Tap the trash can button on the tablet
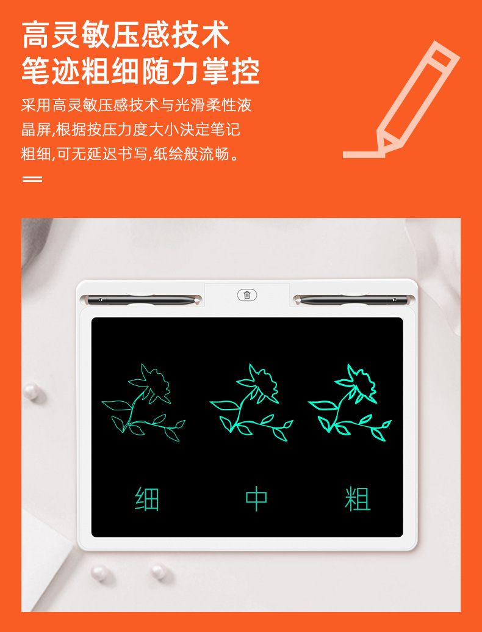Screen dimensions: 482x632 pyautogui.click(x=247, y=295)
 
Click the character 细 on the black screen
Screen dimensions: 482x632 pyautogui.click(x=147, y=499)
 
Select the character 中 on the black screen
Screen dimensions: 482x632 pyautogui.click(x=256, y=499)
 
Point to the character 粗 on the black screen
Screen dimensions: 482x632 pyautogui.click(x=358, y=499)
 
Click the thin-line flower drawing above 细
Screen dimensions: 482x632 pyautogui.click(x=143, y=402)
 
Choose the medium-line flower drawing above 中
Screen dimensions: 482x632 pyautogui.click(x=251, y=402)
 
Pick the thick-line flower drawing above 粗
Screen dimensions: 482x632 pyautogui.click(x=350, y=402)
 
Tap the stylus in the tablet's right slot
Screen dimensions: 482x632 pyautogui.click(x=350, y=300)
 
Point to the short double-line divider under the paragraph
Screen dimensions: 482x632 pyautogui.click(x=32, y=178)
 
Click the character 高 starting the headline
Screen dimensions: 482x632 pyautogui.click(x=36, y=35)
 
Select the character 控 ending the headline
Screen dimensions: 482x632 pyautogui.click(x=246, y=71)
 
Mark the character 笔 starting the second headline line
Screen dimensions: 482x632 pyautogui.click(x=36, y=71)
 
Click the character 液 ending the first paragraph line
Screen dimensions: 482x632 pyautogui.click(x=244, y=105)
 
